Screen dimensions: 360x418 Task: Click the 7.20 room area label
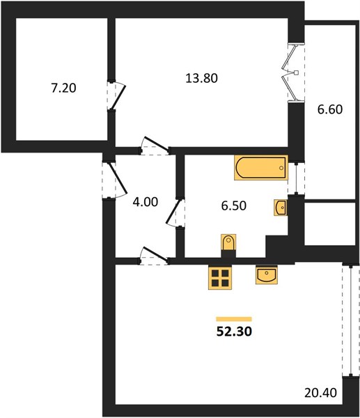click(63, 88)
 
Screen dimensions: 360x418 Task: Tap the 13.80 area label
click(201, 78)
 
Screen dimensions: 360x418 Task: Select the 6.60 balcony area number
click(330, 109)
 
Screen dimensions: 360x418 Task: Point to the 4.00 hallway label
click(146, 202)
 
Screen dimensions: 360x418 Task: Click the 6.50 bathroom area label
click(234, 206)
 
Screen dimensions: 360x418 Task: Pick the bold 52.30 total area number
click(234, 332)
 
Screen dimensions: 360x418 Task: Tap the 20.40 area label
click(320, 393)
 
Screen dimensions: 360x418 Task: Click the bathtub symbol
click(261, 168)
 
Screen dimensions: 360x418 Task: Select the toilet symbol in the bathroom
click(228, 242)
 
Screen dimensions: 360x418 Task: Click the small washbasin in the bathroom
click(281, 208)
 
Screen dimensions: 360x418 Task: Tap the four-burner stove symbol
click(220, 277)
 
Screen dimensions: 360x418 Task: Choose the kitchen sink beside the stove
click(267, 275)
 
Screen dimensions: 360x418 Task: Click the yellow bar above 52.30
click(234, 319)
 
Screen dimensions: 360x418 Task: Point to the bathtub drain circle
click(281, 168)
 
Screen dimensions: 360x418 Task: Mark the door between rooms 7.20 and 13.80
click(116, 95)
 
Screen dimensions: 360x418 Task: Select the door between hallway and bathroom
click(175, 213)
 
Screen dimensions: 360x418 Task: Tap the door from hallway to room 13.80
click(155, 146)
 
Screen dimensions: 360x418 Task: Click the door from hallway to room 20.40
click(154, 256)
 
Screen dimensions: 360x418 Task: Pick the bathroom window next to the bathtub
click(296, 178)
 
